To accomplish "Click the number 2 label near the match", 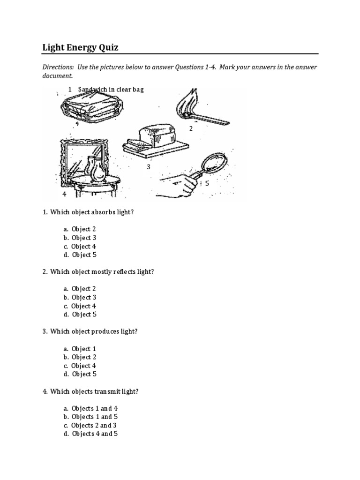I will point(191,128).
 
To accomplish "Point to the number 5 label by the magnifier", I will point(207,183).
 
